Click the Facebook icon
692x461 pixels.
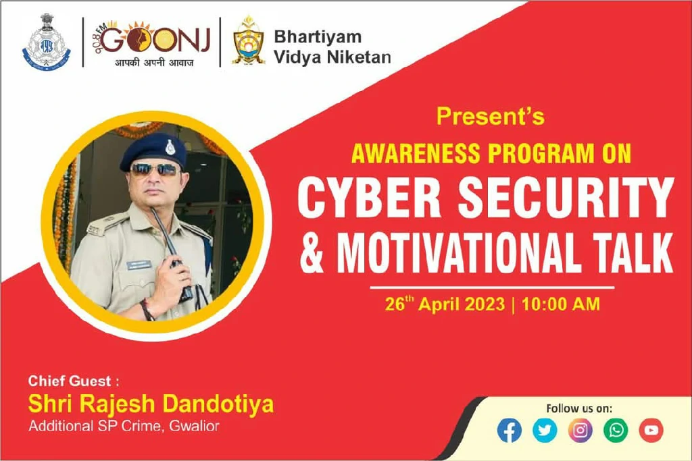(510, 430)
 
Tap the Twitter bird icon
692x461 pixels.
(545, 430)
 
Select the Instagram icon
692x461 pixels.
(580, 430)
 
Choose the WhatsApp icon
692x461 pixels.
(616, 430)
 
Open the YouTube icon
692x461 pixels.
(651, 430)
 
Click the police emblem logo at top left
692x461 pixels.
(46, 43)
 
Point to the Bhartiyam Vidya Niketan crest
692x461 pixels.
(249, 41)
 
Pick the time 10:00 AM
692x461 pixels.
(560, 304)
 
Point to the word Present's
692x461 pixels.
(491, 116)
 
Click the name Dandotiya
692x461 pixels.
(218, 404)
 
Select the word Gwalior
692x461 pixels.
(194, 426)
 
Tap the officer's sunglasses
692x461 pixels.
(155, 169)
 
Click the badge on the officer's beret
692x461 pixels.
(170, 147)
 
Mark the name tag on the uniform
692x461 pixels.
(139, 265)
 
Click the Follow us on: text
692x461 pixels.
(579, 408)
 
